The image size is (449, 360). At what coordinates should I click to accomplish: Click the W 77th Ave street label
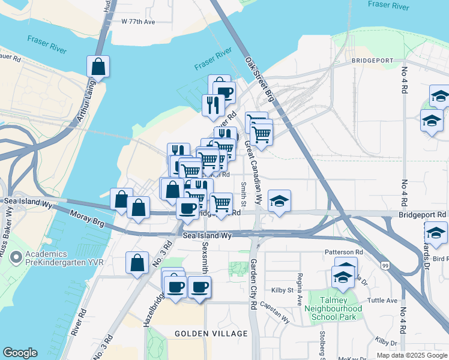(138, 22)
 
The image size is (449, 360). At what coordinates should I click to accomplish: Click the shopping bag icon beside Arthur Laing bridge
(98, 66)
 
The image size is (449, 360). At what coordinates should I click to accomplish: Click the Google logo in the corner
(20, 352)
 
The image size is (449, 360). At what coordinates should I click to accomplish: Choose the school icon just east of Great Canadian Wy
(279, 202)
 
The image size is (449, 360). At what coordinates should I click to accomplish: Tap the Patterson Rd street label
(343, 253)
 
